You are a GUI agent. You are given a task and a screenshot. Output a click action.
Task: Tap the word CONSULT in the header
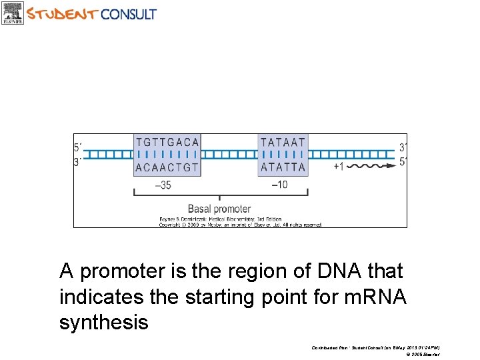pyautogui.click(x=129, y=13)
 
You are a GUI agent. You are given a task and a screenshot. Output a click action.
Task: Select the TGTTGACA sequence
pyautogui.click(x=167, y=142)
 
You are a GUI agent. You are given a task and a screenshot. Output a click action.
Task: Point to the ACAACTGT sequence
pyautogui.click(x=167, y=167)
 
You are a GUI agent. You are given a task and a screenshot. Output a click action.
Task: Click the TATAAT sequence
pyautogui.click(x=283, y=142)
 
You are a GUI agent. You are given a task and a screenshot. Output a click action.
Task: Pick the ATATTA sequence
pyautogui.click(x=283, y=167)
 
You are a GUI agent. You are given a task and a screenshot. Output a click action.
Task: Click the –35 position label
pyautogui.click(x=163, y=185)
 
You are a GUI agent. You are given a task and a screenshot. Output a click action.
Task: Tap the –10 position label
pyautogui.click(x=279, y=185)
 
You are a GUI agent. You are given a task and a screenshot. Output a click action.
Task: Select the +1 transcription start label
pyautogui.click(x=339, y=166)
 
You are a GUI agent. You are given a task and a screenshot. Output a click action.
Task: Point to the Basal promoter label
pyautogui.click(x=219, y=209)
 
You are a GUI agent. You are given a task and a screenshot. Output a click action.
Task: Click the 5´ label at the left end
pyautogui.click(x=79, y=147)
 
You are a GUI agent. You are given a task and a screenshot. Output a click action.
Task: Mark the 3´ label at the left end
pyautogui.click(x=79, y=161)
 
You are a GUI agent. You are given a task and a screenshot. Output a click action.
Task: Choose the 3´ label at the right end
pyautogui.click(x=402, y=147)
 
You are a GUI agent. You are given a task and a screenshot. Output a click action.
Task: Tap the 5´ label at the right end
pyautogui.click(x=402, y=161)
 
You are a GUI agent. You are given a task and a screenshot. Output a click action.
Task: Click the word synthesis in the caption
pyautogui.click(x=103, y=323)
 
